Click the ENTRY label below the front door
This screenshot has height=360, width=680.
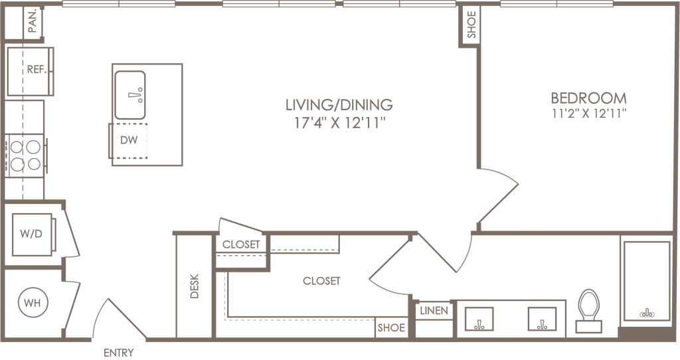click(118, 353)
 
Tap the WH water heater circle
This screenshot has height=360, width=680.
click(33, 302)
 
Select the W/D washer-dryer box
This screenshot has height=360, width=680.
click(33, 234)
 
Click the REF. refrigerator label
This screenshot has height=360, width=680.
click(37, 69)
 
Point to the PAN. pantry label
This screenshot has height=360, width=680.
click(33, 21)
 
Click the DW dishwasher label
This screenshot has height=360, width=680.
click(129, 140)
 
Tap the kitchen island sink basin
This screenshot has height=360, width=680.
click(130, 95)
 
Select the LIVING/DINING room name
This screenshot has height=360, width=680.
click(339, 104)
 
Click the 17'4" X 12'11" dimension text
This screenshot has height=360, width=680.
click(340, 124)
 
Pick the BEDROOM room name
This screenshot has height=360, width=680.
click(588, 98)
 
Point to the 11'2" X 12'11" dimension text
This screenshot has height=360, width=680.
click(589, 114)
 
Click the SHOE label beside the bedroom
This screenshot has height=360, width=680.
click(471, 25)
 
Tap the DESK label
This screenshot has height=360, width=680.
click(195, 286)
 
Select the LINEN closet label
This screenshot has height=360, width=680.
click(434, 311)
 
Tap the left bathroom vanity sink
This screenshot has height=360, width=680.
click(479, 319)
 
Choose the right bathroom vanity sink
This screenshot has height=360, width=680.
click(542, 319)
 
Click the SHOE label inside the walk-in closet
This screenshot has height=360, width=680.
click(390, 327)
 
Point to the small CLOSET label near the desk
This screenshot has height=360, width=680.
click(240, 244)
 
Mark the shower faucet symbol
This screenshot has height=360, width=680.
click(647, 313)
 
